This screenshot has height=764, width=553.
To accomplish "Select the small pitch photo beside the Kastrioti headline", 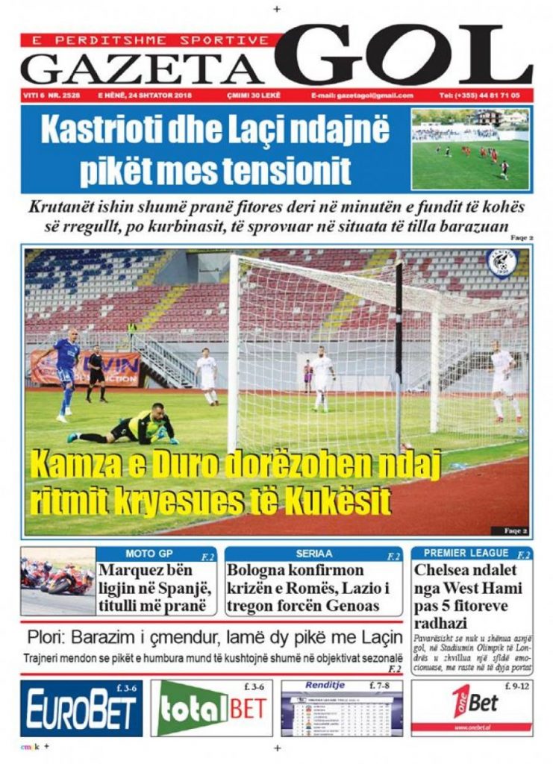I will (470, 149).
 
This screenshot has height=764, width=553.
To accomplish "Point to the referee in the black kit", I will (96, 373).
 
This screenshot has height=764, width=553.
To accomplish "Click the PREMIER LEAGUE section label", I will (466, 554).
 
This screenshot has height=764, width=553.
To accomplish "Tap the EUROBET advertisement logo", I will (81, 710).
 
